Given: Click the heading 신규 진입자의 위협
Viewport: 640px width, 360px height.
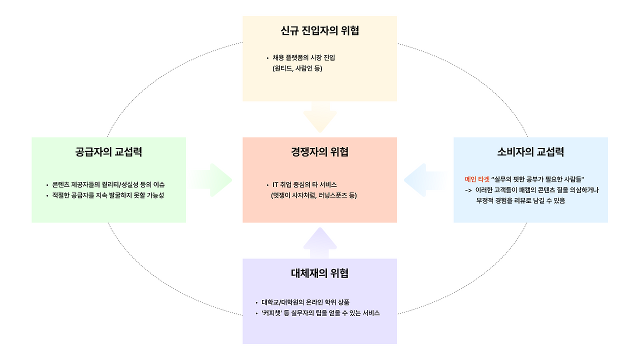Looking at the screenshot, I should (x=319, y=31).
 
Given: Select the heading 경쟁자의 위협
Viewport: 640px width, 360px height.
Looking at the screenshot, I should (x=319, y=152).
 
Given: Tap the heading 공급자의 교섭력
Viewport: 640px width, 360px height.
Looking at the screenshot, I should (x=108, y=152).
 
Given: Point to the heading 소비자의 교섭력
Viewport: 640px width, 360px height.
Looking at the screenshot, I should (x=530, y=152).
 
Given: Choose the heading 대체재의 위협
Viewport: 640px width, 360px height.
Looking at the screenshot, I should (x=319, y=273).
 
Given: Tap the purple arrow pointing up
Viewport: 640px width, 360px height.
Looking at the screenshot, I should (x=320, y=242).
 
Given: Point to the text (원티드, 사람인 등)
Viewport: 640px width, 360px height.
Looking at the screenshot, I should (x=297, y=68).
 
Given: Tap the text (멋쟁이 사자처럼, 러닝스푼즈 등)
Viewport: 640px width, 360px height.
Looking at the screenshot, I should (x=313, y=195).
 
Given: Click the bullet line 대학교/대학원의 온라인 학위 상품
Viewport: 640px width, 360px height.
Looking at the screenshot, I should (x=305, y=302).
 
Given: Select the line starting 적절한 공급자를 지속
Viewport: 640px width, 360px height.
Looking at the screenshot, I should (x=108, y=195).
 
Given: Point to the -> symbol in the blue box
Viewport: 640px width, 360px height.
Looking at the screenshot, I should (x=468, y=190).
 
